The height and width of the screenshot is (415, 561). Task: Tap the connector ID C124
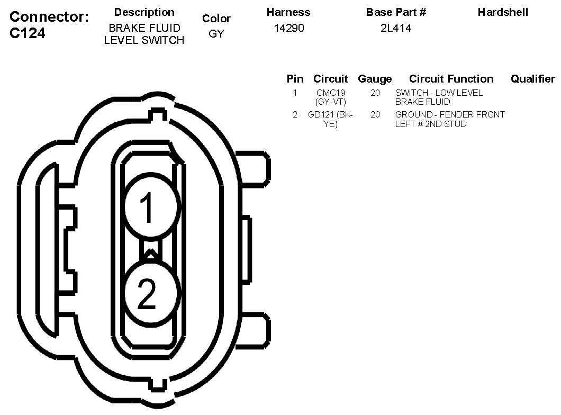click(27, 33)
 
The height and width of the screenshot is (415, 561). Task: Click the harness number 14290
click(289, 28)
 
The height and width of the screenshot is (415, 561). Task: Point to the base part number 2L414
click(396, 28)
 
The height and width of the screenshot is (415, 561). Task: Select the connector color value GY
click(216, 34)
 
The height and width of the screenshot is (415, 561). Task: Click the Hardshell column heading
click(503, 12)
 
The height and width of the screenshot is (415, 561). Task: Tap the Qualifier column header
click(533, 79)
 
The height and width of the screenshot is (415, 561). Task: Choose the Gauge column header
click(375, 79)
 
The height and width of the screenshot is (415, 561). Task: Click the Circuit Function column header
click(451, 79)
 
